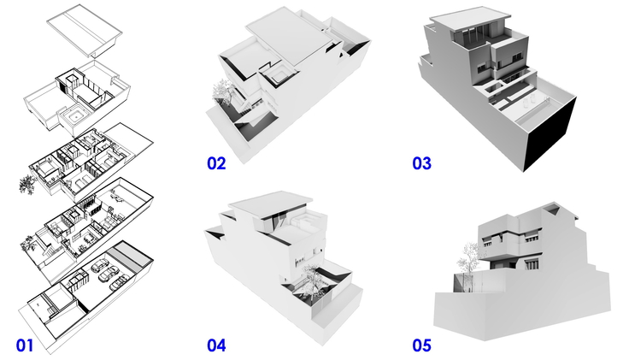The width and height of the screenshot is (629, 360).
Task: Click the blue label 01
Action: pos(25,345)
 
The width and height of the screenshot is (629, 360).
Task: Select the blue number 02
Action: pos(216,163)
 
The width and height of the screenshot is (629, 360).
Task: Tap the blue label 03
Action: pos(421,163)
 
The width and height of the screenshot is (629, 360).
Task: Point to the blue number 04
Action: pos(216,345)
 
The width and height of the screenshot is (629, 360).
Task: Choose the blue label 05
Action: pos(421,345)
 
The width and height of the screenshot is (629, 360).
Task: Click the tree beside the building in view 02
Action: pos(221,91)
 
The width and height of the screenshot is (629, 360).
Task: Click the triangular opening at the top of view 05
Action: pos(553,208)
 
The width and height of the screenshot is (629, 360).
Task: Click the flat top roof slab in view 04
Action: pos(271,204)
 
